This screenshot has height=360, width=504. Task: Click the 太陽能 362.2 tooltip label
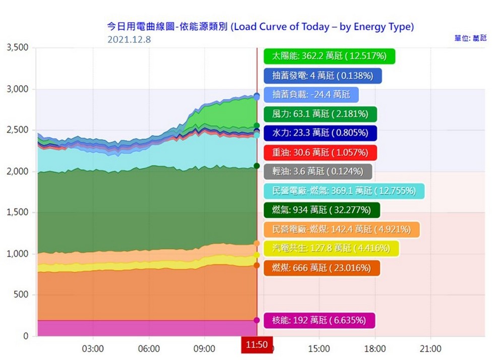pyautogui.click(x=329, y=56)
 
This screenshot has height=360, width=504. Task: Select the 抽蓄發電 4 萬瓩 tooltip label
pyautogui.click(x=323, y=76)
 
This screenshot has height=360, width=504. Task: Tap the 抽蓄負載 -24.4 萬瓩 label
pyautogui.click(x=311, y=95)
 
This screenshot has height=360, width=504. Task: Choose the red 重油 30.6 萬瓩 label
pyautogui.click(x=320, y=152)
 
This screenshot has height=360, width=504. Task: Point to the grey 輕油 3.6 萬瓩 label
pyautogui.click(x=318, y=171)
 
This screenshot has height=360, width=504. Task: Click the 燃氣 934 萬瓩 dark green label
pyautogui.click(x=322, y=210)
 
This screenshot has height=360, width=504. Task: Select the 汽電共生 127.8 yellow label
pyautogui.click(x=331, y=248)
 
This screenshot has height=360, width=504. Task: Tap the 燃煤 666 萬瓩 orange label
pyautogui.click(x=322, y=267)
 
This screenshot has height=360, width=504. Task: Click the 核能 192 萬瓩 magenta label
pyautogui.click(x=320, y=320)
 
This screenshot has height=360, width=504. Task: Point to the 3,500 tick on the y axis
pyautogui.click(x=18, y=48)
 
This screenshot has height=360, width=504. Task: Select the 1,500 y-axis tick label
pyautogui.click(x=18, y=212)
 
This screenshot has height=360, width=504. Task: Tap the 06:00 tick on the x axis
pyautogui.click(x=149, y=348)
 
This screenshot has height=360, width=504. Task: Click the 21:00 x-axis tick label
pyautogui.click(x=430, y=348)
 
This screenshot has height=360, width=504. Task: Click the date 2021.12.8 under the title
pyautogui.click(x=129, y=39)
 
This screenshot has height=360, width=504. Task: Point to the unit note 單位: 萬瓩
pyautogui.click(x=470, y=38)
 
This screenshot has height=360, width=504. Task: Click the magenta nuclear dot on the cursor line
pyautogui.click(x=257, y=320)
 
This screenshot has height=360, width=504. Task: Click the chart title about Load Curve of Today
pyautogui.click(x=261, y=27)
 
